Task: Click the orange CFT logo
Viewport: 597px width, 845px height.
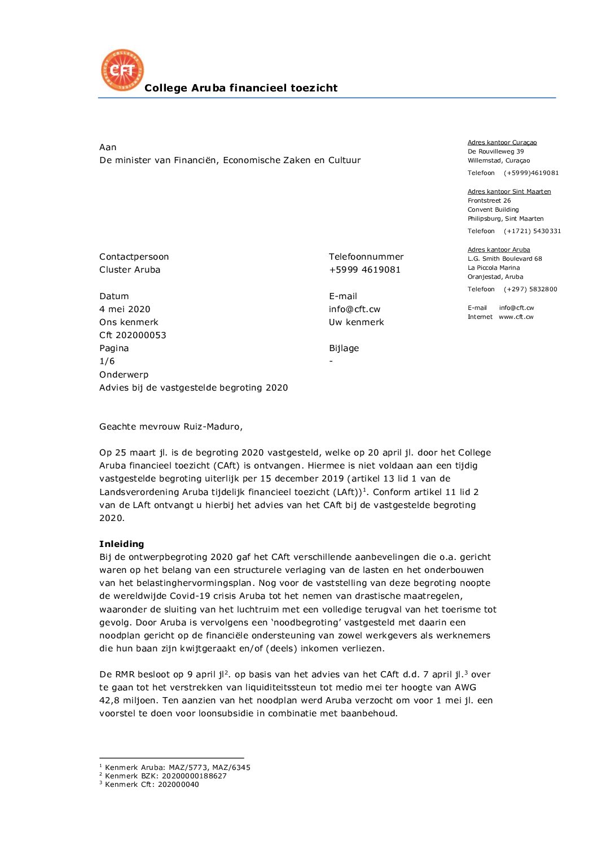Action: point(122,70)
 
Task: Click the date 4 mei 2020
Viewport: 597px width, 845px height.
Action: point(125,309)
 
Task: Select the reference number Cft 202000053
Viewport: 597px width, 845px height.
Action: point(133,335)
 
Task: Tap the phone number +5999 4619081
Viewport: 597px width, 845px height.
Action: point(365,269)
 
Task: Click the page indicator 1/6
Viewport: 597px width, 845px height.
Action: point(107,361)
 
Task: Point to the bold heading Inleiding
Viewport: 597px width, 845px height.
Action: point(121,544)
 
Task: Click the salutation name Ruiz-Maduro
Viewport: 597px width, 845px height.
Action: point(213,426)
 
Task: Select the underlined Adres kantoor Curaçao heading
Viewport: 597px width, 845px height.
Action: point(502,142)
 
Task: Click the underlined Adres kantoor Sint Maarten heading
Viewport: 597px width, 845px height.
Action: point(509,191)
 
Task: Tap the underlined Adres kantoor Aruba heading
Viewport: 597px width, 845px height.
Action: point(498,249)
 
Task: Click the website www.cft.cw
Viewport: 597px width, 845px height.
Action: point(516,317)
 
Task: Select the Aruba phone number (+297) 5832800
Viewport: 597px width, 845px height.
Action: point(530,289)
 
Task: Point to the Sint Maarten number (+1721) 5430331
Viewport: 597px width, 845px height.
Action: point(532,231)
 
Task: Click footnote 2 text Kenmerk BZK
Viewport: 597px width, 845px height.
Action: point(165,776)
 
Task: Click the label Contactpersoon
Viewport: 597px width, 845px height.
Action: point(134,256)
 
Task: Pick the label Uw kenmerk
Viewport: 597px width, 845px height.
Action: point(356,322)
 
